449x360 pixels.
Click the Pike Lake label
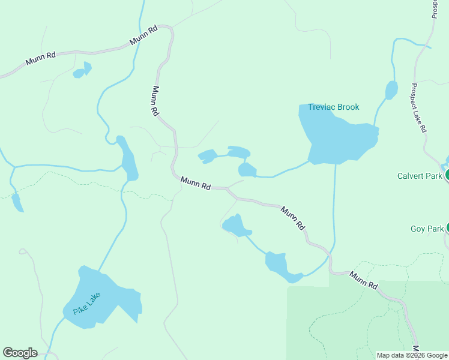[x=86, y=303]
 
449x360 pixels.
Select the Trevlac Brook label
[x=333, y=107]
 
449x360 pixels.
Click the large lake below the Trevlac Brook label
[x=336, y=141]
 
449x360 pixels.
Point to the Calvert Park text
[x=420, y=176]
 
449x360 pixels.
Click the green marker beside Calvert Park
[x=447, y=175]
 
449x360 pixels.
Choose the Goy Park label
[x=427, y=229]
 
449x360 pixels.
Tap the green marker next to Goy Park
[x=447, y=228]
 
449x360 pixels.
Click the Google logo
[x=20, y=353]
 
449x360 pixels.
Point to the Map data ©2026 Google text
[x=411, y=355]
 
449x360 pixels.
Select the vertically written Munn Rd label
[x=155, y=100]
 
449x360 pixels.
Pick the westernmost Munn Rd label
[x=41, y=58]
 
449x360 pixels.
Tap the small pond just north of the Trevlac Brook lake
[x=391, y=90]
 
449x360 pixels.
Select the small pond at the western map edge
[x=17, y=202]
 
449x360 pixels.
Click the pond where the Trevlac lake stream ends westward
[x=247, y=170]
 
